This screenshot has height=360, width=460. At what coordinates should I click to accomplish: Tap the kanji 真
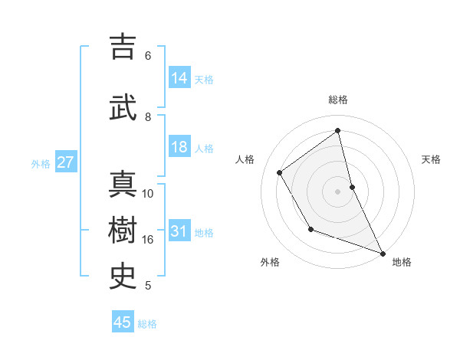point(123,183)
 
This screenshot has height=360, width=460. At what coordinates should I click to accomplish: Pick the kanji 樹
point(123,229)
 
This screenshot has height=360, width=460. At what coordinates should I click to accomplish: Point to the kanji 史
point(123,275)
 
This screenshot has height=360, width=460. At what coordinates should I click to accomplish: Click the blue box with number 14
point(179,78)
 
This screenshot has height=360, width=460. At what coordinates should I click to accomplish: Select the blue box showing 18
point(179,147)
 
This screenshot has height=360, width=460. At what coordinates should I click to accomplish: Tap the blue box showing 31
point(179,231)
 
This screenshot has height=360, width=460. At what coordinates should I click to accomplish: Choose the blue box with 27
point(66,162)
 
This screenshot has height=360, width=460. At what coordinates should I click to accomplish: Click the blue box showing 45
point(123,322)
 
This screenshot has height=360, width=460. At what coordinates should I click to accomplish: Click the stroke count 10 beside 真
point(148,194)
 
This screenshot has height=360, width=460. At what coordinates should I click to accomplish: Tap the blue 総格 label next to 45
point(147,324)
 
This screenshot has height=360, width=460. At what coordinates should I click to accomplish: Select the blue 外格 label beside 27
point(40,163)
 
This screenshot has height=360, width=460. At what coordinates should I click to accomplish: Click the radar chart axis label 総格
point(337,100)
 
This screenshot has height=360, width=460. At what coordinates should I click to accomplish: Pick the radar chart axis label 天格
point(431,159)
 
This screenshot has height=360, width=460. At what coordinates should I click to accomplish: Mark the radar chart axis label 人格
point(245,159)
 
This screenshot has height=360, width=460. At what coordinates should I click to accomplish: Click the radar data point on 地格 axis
point(383,254)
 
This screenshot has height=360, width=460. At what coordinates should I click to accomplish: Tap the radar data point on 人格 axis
point(280,173)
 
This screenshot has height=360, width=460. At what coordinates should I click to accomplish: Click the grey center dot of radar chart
point(337,191)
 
